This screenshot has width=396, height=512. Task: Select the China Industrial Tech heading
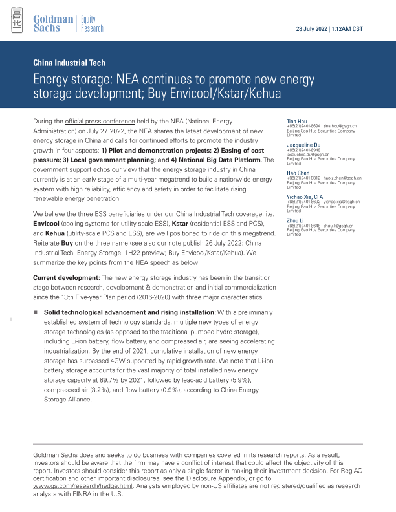tap(68, 63)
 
